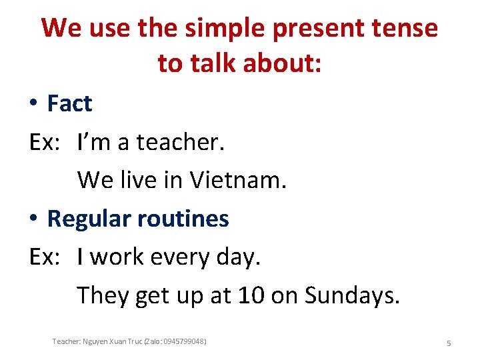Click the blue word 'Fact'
coord(69,103)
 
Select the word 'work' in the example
coord(111,257)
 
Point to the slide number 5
coord(449,343)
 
